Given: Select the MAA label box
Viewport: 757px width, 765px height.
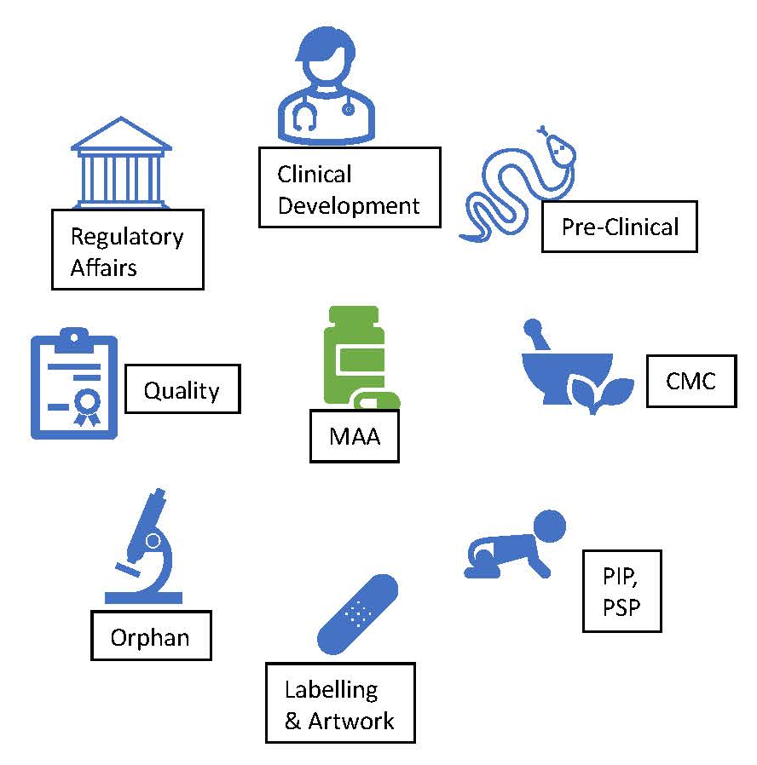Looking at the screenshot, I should click(x=354, y=437).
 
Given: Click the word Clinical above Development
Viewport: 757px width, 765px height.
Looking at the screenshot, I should click(x=314, y=175).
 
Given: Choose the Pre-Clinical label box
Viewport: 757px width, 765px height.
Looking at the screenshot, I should click(x=620, y=227).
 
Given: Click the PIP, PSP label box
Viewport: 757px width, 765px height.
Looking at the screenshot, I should click(x=621, y=590).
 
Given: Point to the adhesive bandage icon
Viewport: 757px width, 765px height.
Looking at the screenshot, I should click(x=357, y=613).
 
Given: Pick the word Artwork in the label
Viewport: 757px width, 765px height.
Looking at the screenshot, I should click(x=350, y=721).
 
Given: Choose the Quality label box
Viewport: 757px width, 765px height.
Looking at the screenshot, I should click(x=182, y=390).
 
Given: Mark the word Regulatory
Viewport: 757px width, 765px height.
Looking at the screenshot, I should click(x=126, y=236).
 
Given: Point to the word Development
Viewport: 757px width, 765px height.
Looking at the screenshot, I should click(x=349, y=205).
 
